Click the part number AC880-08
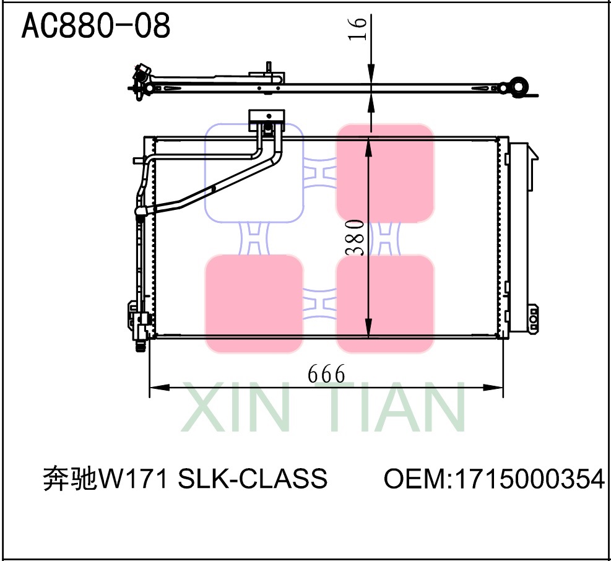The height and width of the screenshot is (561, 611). [96, 27]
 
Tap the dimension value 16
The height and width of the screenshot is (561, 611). [358, 28]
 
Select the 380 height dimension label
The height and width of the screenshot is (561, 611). [354, 237]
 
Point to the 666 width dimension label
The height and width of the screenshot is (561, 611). [326, 374]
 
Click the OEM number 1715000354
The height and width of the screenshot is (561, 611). [529, 479]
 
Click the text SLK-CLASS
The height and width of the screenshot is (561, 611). [253, 479]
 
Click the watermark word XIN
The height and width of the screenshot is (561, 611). [235, 409]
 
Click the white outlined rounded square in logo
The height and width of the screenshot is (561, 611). [254, 173]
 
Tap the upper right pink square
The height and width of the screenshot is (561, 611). [384, 173]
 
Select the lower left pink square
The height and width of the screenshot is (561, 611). [254, 303]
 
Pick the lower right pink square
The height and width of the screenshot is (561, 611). [384, 303]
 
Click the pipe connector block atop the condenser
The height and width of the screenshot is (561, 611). [266, 116]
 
